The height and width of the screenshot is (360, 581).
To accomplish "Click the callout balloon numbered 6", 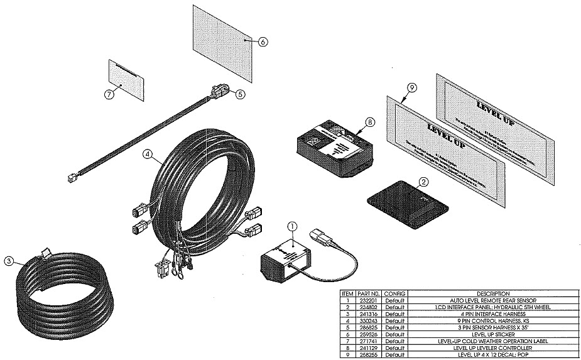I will [262, 41].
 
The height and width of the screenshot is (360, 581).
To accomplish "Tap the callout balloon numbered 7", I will [110, 94].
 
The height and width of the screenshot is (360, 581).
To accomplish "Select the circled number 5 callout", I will [239, 94].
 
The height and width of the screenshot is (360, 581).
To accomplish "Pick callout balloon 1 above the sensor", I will [291, 227].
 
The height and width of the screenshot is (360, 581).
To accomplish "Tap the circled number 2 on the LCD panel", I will [423, 182].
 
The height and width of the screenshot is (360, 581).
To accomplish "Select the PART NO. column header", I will [369, 293].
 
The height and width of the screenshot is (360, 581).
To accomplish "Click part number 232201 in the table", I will [369, 300].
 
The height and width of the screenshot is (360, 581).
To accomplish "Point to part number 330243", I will [369, 320].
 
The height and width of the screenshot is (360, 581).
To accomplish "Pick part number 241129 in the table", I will [369, 347].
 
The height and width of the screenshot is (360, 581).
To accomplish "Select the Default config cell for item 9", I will [395, 354].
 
